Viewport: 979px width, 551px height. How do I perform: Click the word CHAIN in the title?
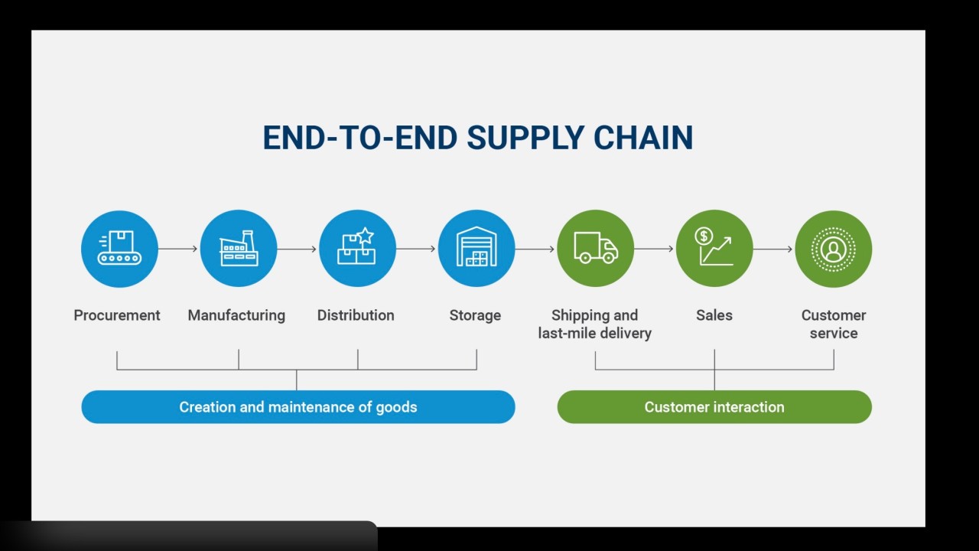643,138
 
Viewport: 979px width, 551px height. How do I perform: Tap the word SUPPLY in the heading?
525,138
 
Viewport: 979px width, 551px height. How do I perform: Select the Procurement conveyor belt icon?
119,248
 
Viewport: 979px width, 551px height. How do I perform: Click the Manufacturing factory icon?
239,248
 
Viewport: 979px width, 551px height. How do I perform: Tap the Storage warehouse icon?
476,246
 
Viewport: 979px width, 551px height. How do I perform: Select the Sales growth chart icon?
714,246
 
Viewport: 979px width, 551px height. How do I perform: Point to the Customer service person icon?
834,249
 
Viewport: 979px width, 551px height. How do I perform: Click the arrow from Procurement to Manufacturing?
178,249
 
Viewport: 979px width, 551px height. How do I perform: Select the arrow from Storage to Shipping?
535,249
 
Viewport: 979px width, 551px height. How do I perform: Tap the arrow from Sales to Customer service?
772,249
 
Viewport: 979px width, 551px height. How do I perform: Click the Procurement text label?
117,315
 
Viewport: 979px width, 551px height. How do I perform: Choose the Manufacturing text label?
236,315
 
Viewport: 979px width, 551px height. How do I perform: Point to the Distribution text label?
356,315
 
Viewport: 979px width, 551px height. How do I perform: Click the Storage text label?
475,315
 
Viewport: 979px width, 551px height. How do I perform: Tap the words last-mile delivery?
595,333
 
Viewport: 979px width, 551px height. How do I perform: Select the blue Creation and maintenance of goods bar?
298,406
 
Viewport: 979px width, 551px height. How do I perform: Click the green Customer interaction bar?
714,406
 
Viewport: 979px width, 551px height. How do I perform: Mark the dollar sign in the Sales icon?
704,236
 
